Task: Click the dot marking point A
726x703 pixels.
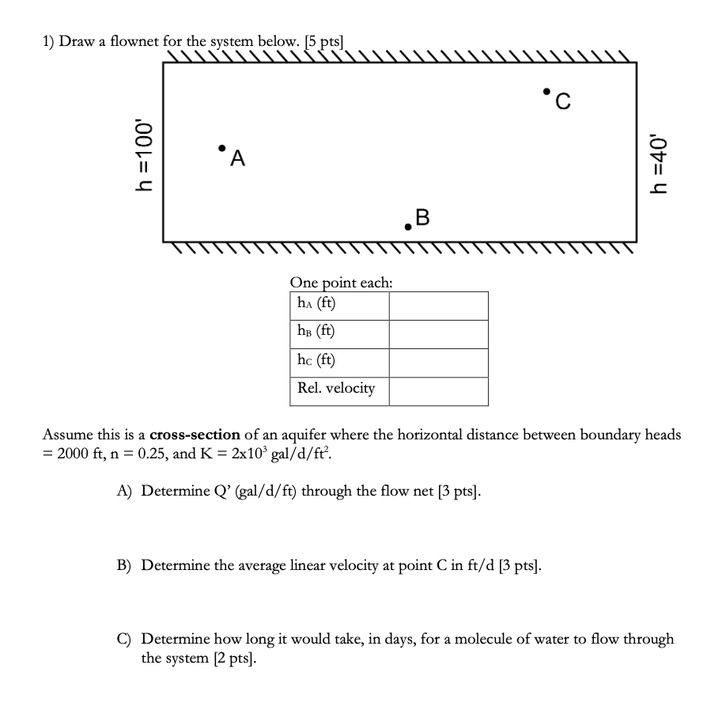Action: tap(222, 147)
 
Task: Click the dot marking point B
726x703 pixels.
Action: tap(408, 226)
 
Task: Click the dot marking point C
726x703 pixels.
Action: tap(546, 91)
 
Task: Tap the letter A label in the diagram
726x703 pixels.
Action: tap(237, 159)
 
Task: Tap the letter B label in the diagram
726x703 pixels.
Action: tap(423, 216)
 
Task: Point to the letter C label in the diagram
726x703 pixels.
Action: tap(562, 101)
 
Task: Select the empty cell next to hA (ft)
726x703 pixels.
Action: tap(438, 306)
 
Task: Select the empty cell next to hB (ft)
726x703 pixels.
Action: tap(438, 334)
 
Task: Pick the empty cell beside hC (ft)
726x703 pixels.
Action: tap(438, 363)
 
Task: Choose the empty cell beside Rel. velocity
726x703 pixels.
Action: tap(438, 391)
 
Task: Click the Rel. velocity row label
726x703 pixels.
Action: tap(336, 389)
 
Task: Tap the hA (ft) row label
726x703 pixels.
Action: tap(316, 303)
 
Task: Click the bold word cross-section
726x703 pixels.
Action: tap(195, 435)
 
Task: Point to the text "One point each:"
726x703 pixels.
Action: tap(341, 283)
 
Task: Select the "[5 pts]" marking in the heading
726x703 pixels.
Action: tap(325, 42)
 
